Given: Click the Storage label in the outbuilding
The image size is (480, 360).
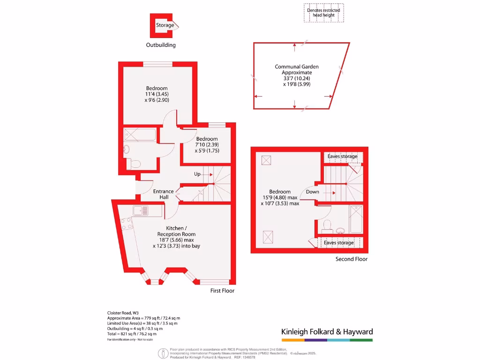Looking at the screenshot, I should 165,25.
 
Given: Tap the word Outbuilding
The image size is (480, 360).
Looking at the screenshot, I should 161,45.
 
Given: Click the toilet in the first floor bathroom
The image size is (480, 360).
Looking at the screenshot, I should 135,164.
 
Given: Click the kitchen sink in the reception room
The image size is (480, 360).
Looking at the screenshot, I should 141,211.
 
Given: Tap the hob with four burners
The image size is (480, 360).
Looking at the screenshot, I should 126,224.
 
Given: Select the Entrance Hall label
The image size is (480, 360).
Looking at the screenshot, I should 163,194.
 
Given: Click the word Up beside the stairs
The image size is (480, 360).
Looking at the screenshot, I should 197,174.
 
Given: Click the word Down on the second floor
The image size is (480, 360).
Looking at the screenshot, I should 313,192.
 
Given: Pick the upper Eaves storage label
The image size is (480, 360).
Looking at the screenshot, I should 342,156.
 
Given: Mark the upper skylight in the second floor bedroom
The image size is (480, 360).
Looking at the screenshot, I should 267,161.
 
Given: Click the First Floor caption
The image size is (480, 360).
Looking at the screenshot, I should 222,291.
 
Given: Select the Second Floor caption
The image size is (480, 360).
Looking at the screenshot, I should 352,259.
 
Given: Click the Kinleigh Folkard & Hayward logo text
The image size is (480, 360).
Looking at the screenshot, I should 327,332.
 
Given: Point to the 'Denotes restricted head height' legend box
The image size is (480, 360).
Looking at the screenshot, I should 323,13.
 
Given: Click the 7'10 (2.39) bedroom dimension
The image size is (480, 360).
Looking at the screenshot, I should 207,145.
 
